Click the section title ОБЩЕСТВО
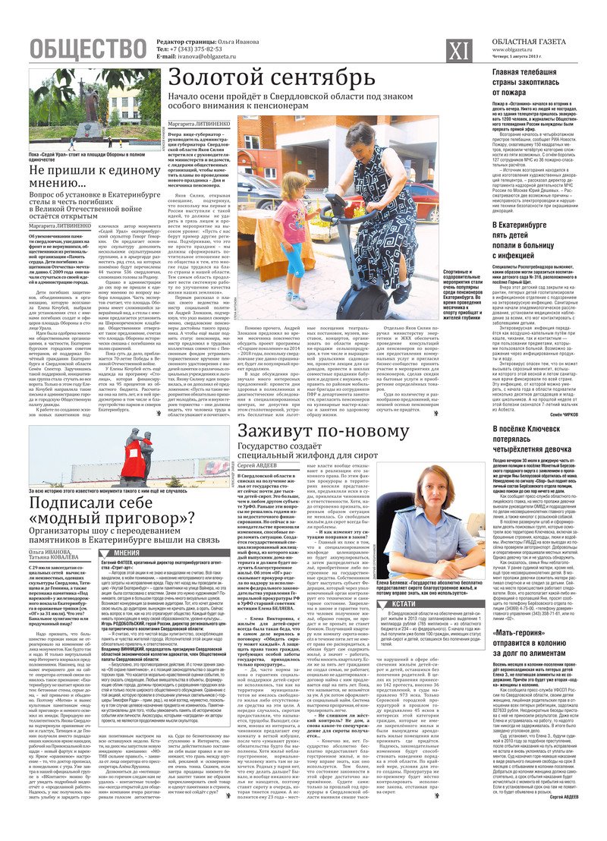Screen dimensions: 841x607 88,49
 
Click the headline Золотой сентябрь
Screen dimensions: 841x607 271,78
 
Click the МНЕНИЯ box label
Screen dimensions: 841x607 126,553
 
